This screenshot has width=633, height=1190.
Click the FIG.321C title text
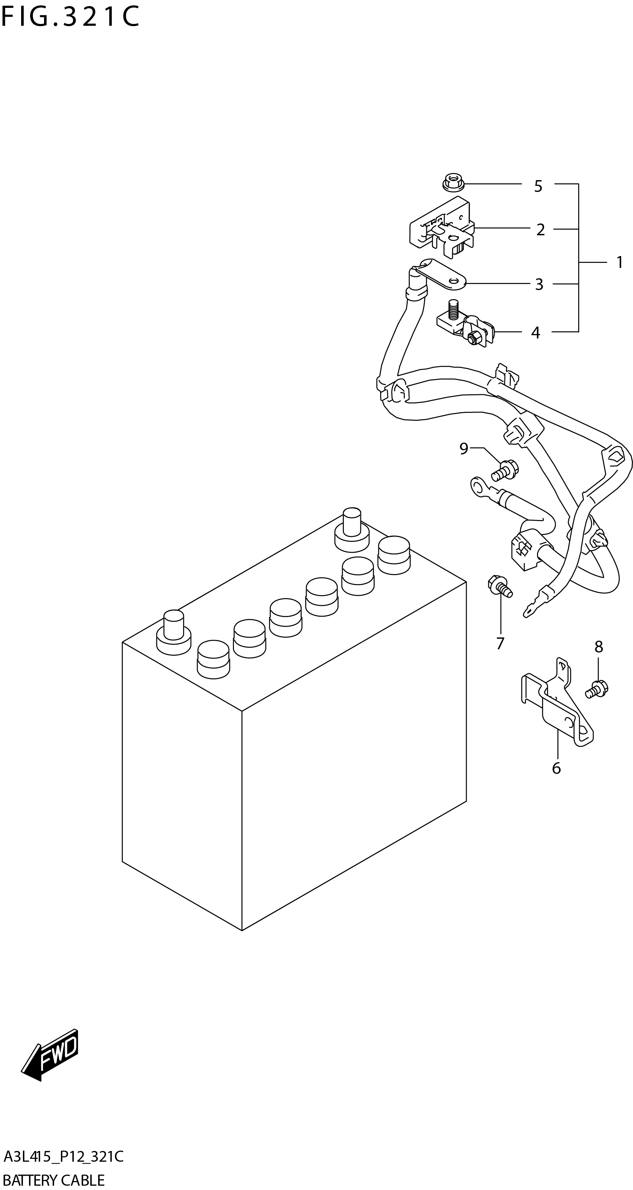(x=70, y=18)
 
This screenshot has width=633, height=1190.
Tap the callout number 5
(x=538, y=186)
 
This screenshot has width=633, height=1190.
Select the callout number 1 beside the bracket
(x=620, y=262)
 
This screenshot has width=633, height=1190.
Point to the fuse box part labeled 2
(x=441, y=227)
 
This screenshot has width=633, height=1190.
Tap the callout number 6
(x=556, y=768)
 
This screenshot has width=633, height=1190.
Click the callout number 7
(x=500, y=644)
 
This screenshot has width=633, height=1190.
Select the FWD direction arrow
(x=51, y=1057)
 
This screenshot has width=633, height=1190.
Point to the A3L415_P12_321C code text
(x=63, y=1157)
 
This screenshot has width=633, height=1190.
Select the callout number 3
(x=539, y=284)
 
